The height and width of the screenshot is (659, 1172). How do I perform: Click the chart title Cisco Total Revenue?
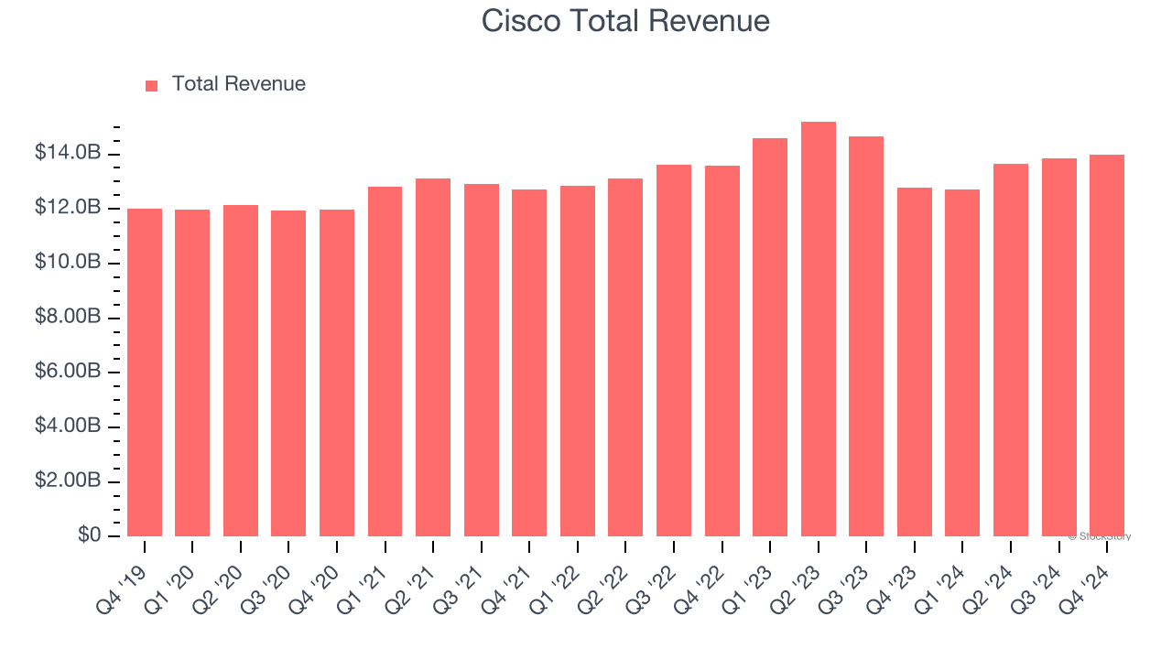click(625, 20)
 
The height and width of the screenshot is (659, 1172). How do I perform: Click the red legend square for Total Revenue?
click(152, 85)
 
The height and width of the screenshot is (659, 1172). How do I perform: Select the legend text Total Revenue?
click(238, 84)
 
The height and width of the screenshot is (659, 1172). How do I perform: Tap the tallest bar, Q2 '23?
click(818, 329)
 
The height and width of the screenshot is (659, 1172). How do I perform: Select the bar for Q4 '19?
click(145, 373)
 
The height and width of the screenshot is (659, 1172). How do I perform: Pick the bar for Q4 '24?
click(1107, 346)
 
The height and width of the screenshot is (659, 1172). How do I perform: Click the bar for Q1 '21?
click(385, 362)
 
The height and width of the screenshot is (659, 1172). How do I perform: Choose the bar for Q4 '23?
click(914, 362)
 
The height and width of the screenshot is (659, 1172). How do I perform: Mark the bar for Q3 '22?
click(673, 351)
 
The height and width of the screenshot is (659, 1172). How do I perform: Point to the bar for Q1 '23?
click(769, 337)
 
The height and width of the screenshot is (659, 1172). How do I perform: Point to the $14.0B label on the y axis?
click(67, 153)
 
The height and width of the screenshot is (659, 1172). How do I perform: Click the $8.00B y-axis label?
click(67, 317)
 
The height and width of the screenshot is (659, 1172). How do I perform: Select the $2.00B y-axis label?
click(67, 481)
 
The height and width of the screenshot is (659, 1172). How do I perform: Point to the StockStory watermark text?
click(1100, 536)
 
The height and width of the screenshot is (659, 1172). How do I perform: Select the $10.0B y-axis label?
click(67, 263)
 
